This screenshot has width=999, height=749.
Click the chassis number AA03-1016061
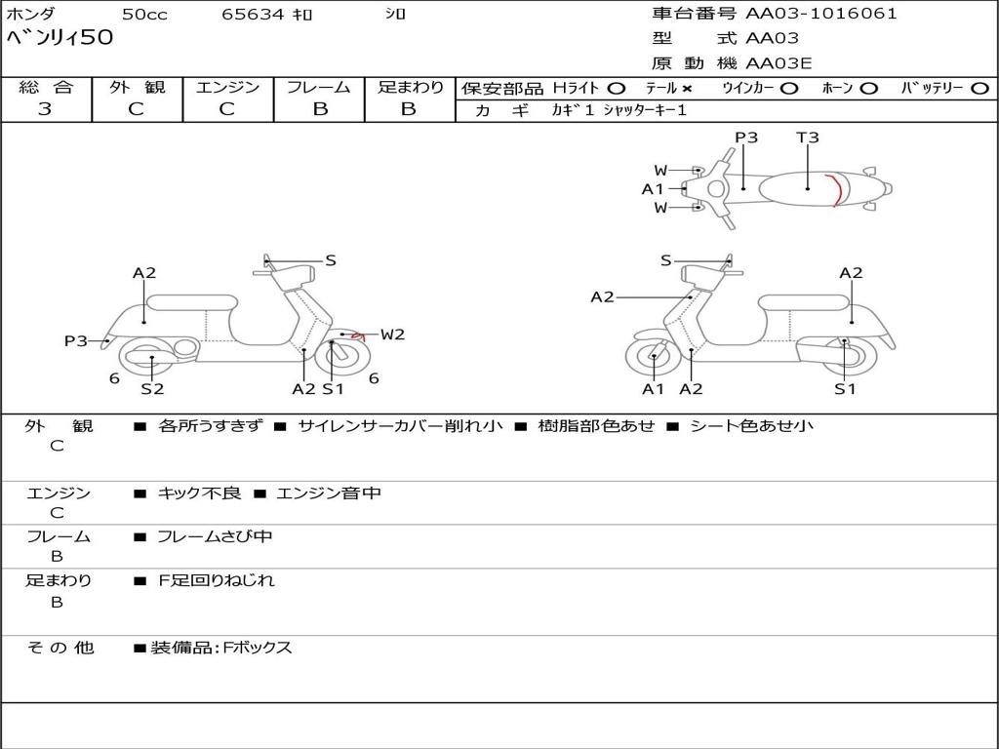pyautogui.click(x=821, y=14)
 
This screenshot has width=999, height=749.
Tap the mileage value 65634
pyautogui.click(x=253, y=14)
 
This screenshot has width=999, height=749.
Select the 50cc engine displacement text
pyautogui.click(x=144, y=14)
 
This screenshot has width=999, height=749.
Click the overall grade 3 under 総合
pyautogui.click(x=45, y=108)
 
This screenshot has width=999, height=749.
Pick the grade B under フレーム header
pyautogui.click(x=320, y=108)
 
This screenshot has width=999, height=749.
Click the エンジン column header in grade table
pyautogui.click(x=227, y=87)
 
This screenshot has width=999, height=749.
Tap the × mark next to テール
pyautogui.click(x=686, y=89)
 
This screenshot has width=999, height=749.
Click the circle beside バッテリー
pyautogui.click(x=979, y=89)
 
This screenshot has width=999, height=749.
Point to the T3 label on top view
pyautogui.click(x=807, y=137)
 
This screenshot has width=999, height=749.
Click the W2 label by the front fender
pyautogui.click(x=392, y=335)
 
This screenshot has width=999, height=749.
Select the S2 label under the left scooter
pyautogui.click(x=152, y=388)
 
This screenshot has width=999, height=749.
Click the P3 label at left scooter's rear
pyautogui.click(x=76, y=340)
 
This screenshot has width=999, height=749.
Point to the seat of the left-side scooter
pyautogui.click(x=192, y=302)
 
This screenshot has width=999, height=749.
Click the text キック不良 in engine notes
pyautogui.click(x=199, y=493)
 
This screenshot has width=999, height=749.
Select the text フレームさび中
pyautogui.click(x=215, y=537)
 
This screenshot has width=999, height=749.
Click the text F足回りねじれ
pyautogui.click(x=216, y=580)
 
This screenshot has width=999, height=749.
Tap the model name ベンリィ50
pyautogui.click(x=60, y=37)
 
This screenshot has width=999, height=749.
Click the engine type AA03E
pyautogui.click(x=779, y=63)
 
